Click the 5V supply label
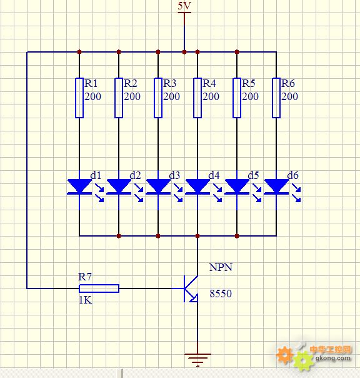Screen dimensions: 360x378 click(x=184, y=6)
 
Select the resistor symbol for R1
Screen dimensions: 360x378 click(x=79, y=98)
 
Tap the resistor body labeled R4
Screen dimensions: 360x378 click(x=197, y=98)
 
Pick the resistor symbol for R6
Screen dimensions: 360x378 click(x=276, y=98)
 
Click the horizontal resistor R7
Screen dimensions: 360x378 click(x=99, y=289)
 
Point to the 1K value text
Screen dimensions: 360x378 click(x=86, y=300)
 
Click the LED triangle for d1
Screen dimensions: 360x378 click(x=79, y=186)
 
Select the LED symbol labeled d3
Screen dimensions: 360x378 click(x=164, y=187)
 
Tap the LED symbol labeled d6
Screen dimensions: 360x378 click(x=282, y=187)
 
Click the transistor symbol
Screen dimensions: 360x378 click(x=191, y=289)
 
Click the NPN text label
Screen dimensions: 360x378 click(x=221, y=267)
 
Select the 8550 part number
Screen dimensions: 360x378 click(x=221, y=294)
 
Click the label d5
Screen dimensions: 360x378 click(x=253, y=175)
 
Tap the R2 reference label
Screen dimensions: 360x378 click(x=130, y=83)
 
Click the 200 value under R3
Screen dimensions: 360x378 click(x=171, y=96)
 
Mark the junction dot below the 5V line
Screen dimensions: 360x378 click(x=184, y=52)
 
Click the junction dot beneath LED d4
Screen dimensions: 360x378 click(x=197, y=236)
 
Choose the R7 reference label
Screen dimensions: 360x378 click(x=85, y=277)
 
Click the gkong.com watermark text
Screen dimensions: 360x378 click(x=332, y=359)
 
